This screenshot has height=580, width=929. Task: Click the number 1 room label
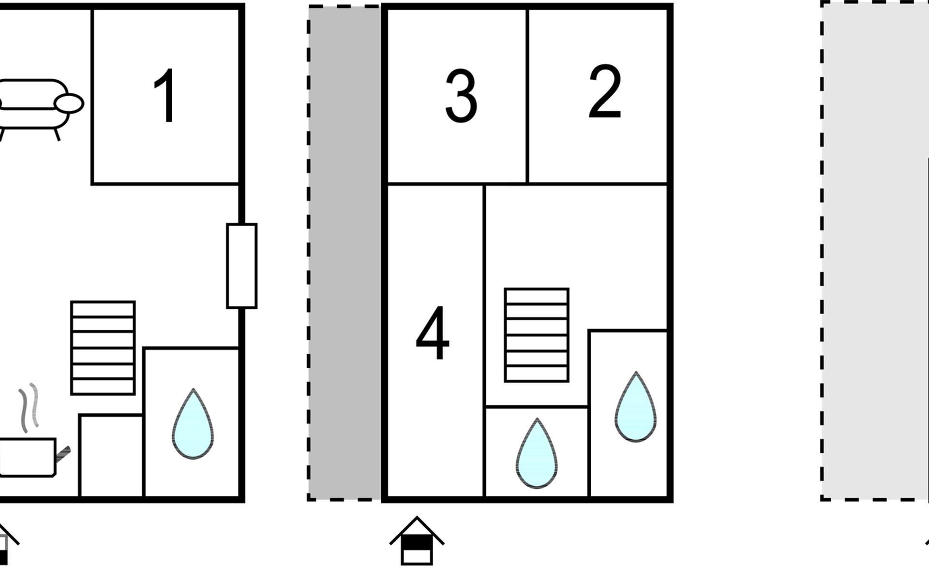[x=165, y=95]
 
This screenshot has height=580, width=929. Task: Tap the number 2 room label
[x=605, y=92]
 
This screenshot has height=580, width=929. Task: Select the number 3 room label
[x=461, y=96]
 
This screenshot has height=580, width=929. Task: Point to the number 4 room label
[x=433, y=333]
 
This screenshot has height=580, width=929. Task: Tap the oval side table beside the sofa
[x=69, y=103]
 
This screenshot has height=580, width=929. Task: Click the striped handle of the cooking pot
[x=63, y=454]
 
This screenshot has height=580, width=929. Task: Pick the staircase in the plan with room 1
[x=103, y=348]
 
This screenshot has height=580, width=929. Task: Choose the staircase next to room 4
[x=537, y=335]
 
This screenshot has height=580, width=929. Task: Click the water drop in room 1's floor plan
[x=193, y=424]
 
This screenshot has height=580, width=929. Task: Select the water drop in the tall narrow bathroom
[x=636, y=407]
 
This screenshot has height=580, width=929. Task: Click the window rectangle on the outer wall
[x=242, y=266]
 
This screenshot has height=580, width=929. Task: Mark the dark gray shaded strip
[x=345, y=253]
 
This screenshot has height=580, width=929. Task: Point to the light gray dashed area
[x=875, y=250]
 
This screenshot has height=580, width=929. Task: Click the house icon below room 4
[x=417, y=540]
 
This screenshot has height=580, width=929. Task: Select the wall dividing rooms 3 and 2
[x=527, y=96]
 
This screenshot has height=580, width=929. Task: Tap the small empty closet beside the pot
[x=111, y=456]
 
